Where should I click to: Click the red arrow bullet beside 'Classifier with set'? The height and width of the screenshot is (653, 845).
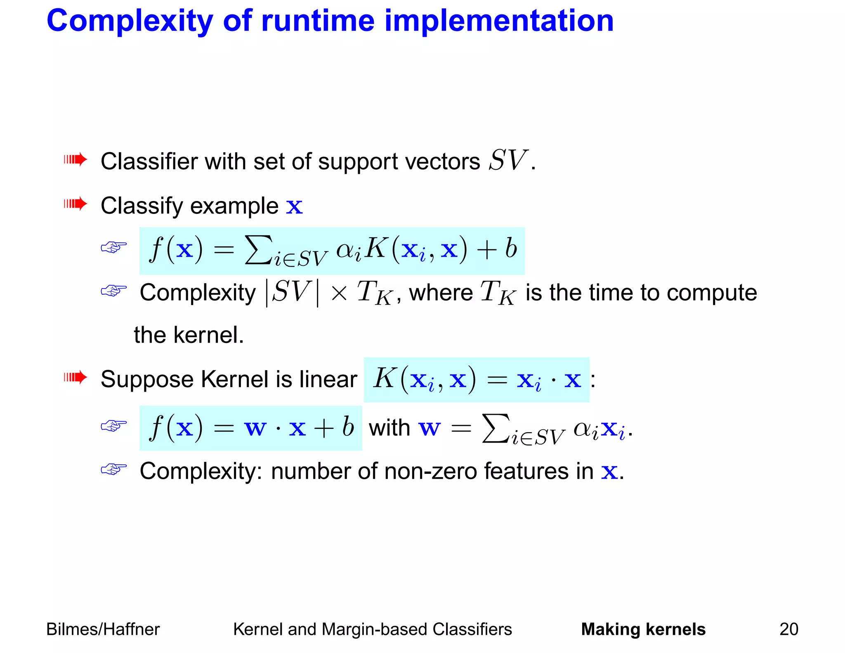[x=76, y=159]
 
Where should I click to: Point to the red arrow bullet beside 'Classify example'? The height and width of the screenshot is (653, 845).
[x=76, y=203]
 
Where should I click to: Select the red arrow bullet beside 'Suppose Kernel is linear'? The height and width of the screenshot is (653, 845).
[x=76, y=377]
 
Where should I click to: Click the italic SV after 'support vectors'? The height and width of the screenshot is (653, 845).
[x=507, y=160]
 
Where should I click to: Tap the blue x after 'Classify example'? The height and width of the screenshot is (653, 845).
[x=294, y=206]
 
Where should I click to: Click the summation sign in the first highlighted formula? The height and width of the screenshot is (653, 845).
[x=258, y=249]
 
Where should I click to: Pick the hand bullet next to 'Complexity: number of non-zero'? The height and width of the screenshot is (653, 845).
[x=114, y=469]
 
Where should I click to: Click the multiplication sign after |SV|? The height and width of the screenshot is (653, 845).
[x=339, y=293]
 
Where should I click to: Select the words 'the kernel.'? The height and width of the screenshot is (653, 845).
[x=189, y=335]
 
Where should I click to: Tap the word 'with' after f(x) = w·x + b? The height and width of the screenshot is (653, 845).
[x=389, y=428]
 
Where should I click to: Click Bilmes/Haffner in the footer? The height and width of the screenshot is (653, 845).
[x=103, y=629]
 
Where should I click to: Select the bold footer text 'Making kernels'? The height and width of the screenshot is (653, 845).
[x=643, y=629]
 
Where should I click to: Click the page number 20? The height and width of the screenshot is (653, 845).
[x=788, y=629]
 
